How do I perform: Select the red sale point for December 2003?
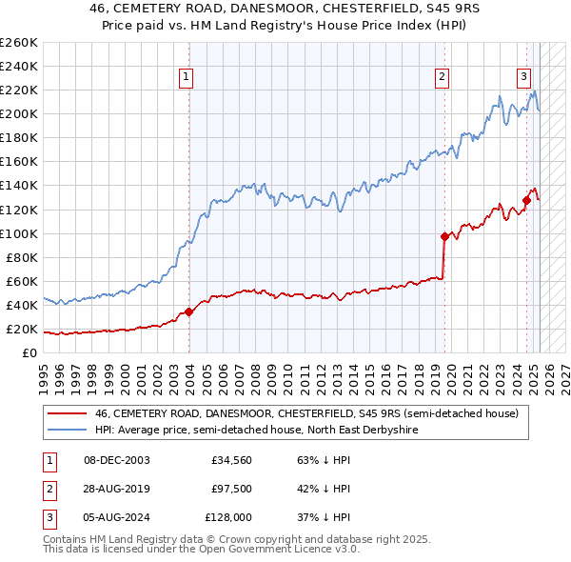[x=188, y=311]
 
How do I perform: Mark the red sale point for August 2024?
[x=526, y=200]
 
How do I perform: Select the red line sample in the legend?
[x=67, y=414]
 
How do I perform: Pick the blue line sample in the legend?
[x=67, y=431]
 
